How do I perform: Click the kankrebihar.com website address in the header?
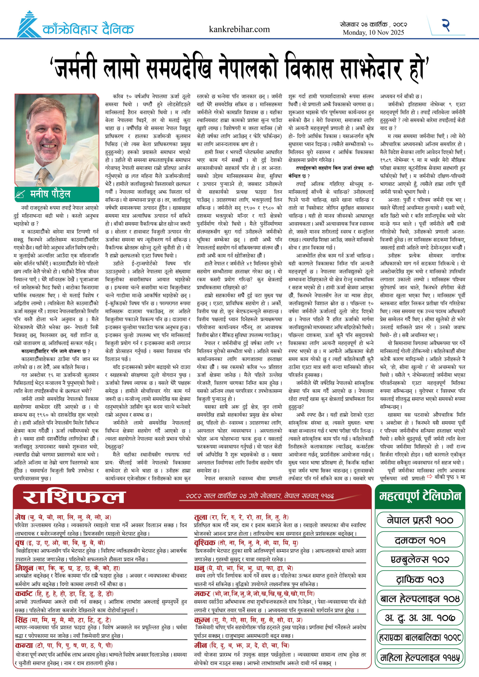pyautogui.click(x=239, y=29)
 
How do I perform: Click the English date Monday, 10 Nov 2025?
pyautogui.click(x=373, y=33)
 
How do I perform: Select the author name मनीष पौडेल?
pyautogui.click(x=50, y=194)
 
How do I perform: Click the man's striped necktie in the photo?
pyautogui.click(x=43, y=175)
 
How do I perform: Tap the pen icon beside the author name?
pyautogui.click(x=20, y=195)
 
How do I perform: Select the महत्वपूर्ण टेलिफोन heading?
pyautogui.click(x=420, y=496)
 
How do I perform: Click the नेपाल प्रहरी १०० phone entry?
pyautogui.click(x=420, y=520)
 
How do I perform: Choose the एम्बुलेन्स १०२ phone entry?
pyautogui.click(x=420, y=559)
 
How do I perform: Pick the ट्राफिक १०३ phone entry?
pyautogui.click(x=420, y=579)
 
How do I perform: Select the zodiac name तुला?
pyautogui.click(x=201, y=517)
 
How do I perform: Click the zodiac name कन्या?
pyautogui.click(x=24, y=645)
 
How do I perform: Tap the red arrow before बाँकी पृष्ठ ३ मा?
pyautogui.click(x=430, y=476)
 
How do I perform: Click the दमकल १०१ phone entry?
pyautogui.click(x=420, y=540)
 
